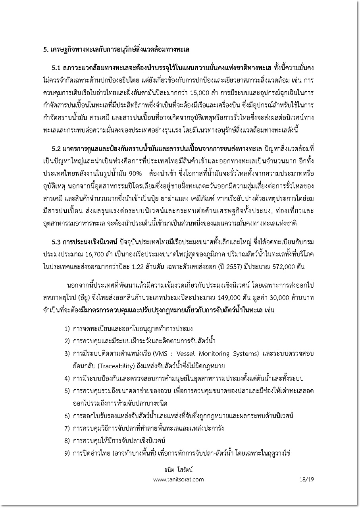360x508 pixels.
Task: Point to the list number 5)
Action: point(67,391)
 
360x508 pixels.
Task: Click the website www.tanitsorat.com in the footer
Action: point(178,479)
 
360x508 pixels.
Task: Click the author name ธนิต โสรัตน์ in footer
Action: point(179,470)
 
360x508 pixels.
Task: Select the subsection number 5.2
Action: point(56,148)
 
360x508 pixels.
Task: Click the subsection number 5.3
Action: point(56,242)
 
